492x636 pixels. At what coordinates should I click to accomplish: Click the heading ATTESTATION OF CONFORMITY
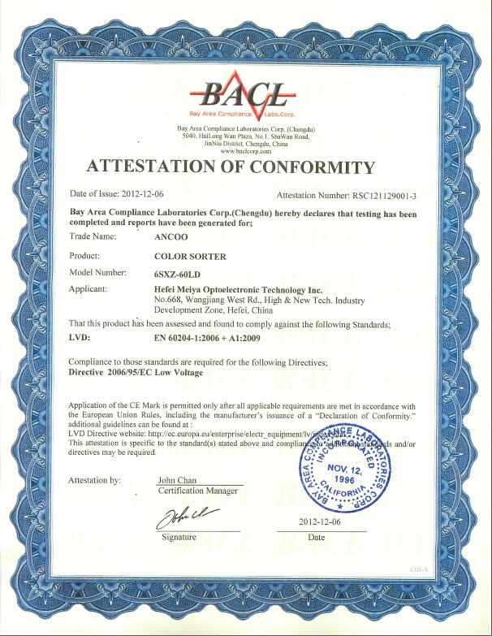pos(231,168)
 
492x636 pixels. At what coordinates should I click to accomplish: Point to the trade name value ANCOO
pos(169,238)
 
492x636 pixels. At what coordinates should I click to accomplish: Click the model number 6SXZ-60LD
pos(177,272)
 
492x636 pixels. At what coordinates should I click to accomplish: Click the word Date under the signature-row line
pos(317,537)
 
